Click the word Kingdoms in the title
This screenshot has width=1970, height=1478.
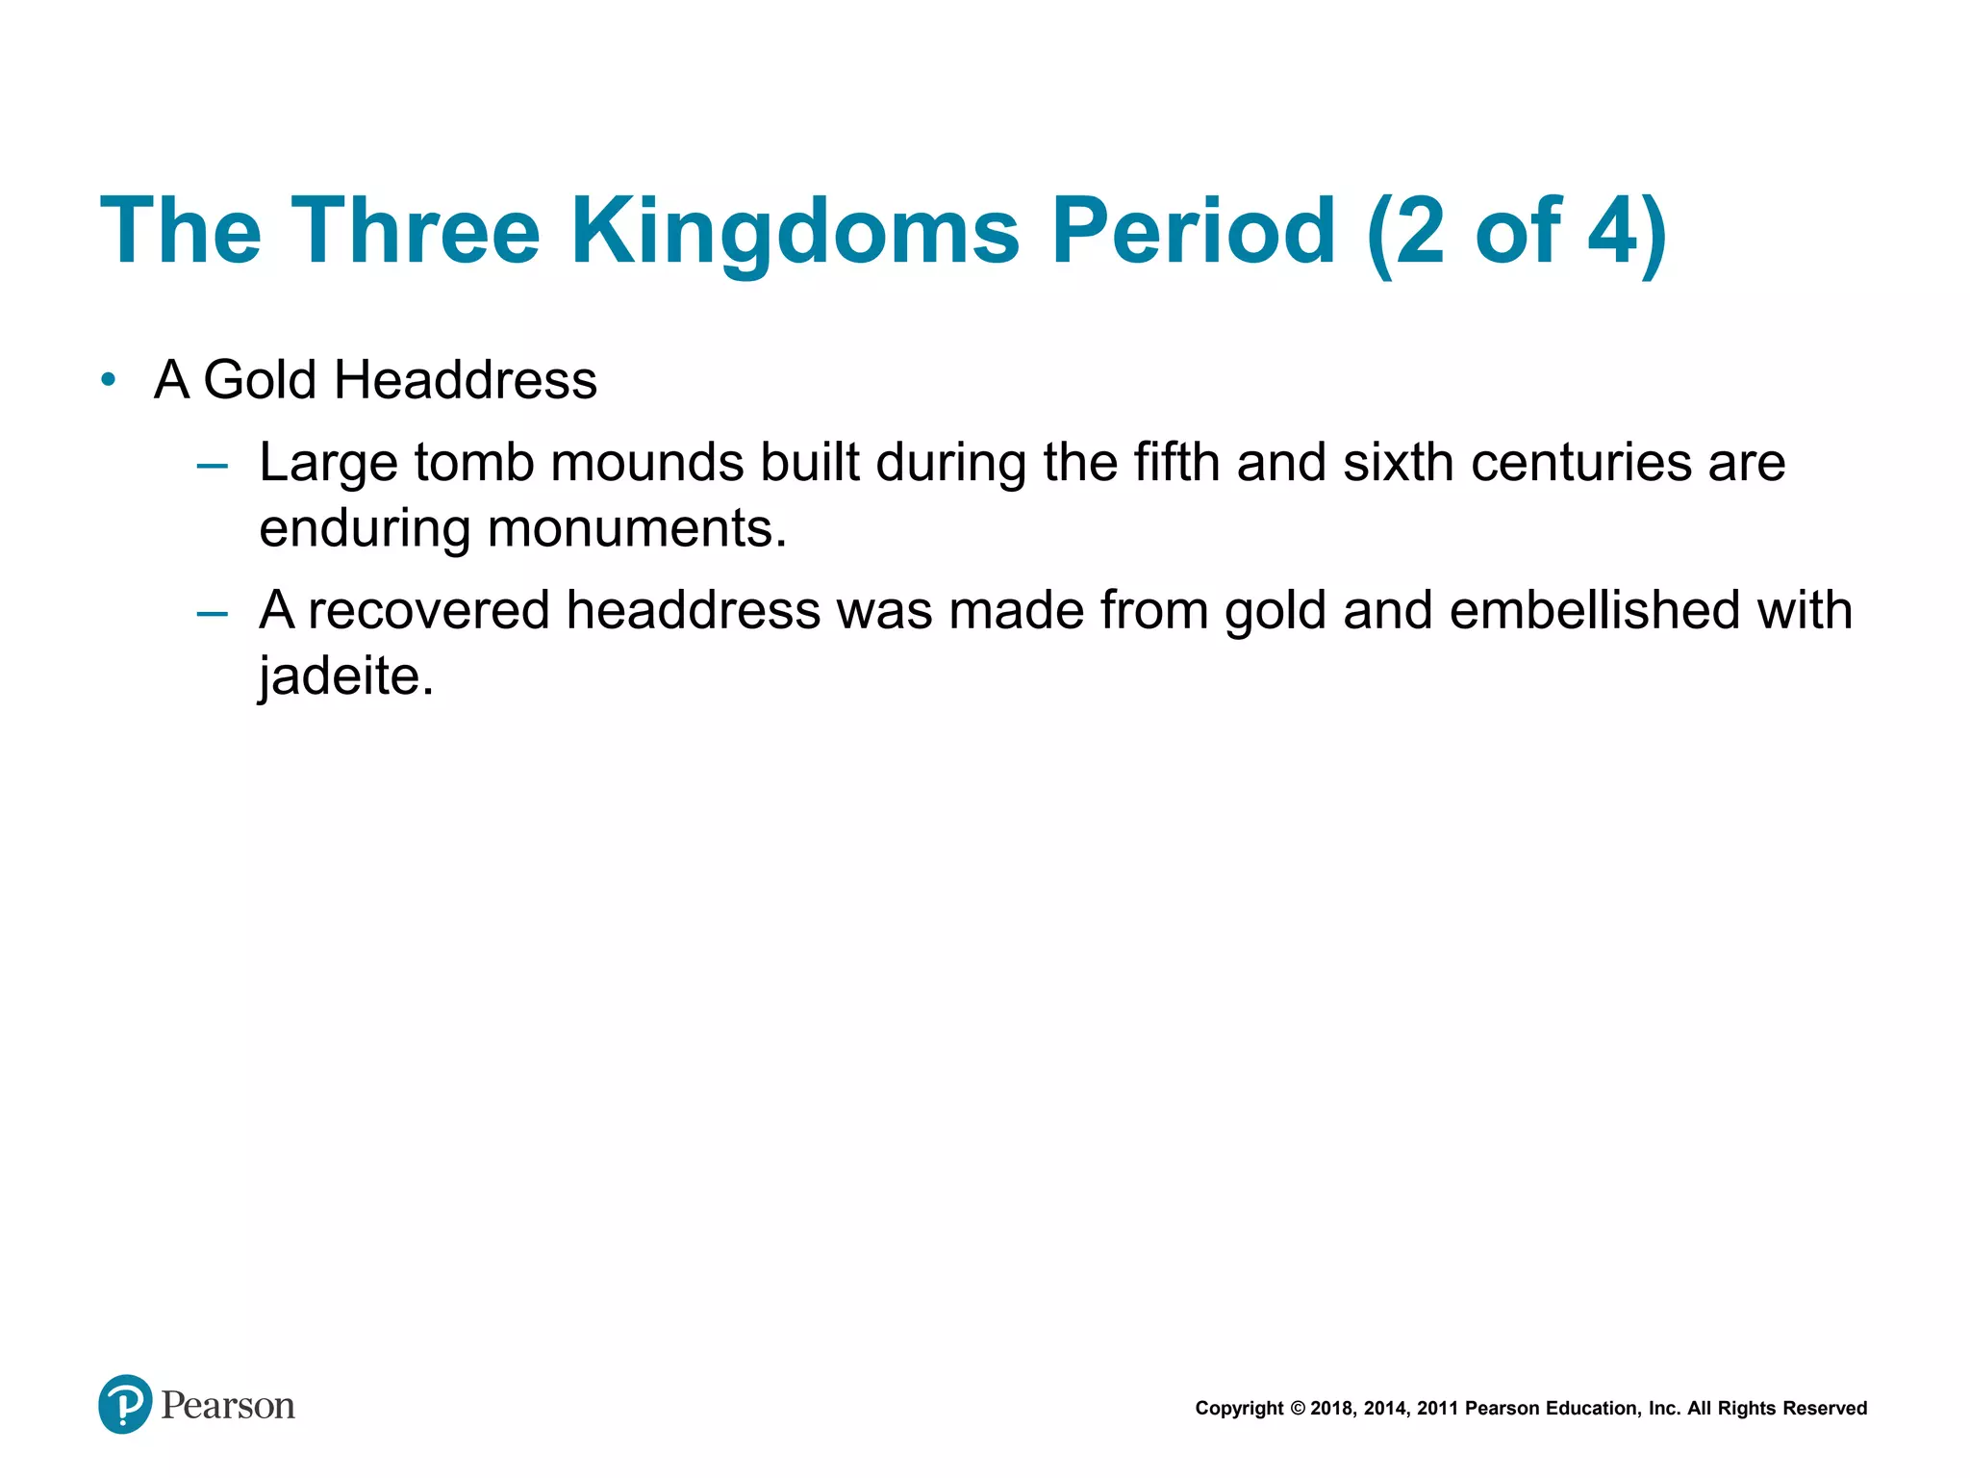pos(795,232)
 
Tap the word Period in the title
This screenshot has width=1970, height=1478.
pos(1193,232)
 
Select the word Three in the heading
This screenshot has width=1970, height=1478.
pos(416,232)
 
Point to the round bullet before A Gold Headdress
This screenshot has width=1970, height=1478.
pos(109,380)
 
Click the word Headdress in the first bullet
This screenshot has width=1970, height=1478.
pos(465,380)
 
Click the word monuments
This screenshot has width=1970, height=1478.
pos(637,528)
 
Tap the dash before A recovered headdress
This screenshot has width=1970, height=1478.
pos(212,614)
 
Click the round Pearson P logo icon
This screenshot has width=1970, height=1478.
pos(125,1404)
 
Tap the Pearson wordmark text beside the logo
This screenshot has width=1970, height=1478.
pos(228,1406)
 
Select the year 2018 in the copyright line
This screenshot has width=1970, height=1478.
pos(1330,1409)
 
